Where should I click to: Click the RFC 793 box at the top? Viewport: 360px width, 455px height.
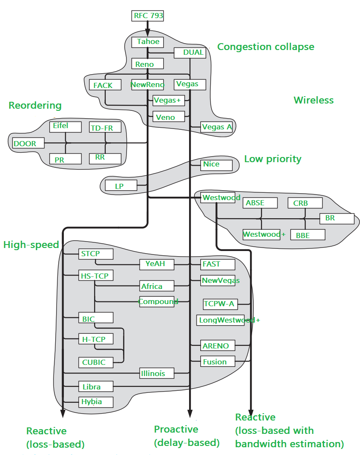[148, 16]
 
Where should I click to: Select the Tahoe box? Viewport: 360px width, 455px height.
[148, 42]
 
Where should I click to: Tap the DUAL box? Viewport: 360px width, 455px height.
[189, 53]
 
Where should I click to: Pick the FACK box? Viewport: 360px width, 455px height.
[104, 85]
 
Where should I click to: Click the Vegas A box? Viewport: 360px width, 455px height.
[217, 127]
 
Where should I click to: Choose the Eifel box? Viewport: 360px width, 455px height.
[65, 126]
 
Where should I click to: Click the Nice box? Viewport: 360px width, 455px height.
[217, 164]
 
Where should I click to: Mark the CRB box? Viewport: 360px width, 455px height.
[305, 203]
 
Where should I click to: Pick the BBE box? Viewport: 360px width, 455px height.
[308, 235]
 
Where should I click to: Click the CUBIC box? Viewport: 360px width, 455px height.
[95, 362]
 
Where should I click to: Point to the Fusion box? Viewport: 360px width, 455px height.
[218, 361]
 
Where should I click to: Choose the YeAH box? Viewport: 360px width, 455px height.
[157, 264]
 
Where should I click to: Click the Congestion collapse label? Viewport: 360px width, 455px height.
[265, 47]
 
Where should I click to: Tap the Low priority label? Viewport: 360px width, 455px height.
[273, 159]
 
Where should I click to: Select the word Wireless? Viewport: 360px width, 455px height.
[314, 100]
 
